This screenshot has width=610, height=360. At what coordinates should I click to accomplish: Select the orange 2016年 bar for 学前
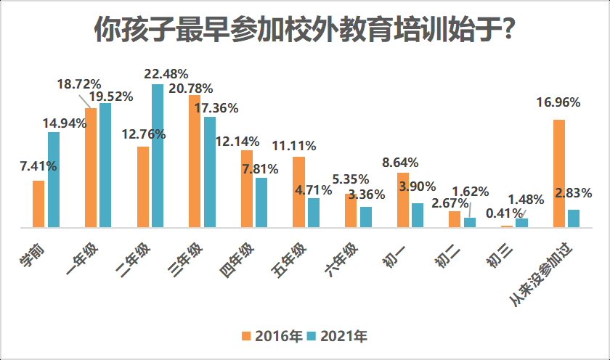[x=38, y=204]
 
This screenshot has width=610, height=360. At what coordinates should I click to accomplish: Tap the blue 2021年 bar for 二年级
[x=158, y=156]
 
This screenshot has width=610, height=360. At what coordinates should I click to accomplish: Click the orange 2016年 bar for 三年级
[x=194, y=161]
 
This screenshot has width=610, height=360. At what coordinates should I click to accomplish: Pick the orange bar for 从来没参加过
[x=558, y=173]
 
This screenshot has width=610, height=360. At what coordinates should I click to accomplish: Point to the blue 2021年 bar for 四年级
[x=261, y=202]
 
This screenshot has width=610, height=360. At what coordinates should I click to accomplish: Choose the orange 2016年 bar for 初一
[x=402, y=200]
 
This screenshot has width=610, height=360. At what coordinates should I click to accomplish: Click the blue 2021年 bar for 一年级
[x=105, y=165]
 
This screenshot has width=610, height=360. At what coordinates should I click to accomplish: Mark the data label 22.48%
[x=166, y=73]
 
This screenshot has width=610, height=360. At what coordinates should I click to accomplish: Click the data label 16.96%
[x=558, y=102]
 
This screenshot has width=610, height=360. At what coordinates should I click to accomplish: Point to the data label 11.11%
[x=293, y=145]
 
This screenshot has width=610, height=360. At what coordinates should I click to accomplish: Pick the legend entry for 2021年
[x=337, y=336]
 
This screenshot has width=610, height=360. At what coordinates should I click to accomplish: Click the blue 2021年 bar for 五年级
[x=313, y=213]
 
